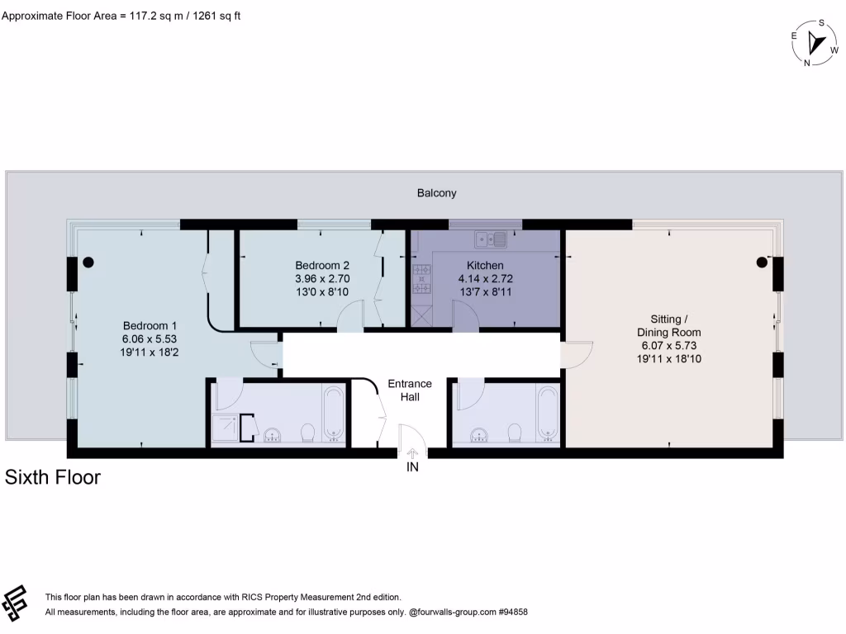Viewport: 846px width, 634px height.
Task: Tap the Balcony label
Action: (436, 193)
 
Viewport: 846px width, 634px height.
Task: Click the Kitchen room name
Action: (484, 266)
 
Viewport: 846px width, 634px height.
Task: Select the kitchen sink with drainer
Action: (490, 239)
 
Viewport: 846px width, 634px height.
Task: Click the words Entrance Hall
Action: (410, 390)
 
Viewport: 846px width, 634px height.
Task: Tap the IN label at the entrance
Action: (412, 468)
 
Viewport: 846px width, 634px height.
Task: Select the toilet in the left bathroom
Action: (308, 433)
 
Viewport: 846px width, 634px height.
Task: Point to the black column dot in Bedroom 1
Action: (88, 263)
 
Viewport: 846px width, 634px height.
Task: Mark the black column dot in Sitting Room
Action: (762, 263)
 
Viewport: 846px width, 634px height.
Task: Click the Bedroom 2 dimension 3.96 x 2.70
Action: (322, 279)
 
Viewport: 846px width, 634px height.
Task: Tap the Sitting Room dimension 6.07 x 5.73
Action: (669, 346)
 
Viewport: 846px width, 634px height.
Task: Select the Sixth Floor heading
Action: (53, 477)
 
